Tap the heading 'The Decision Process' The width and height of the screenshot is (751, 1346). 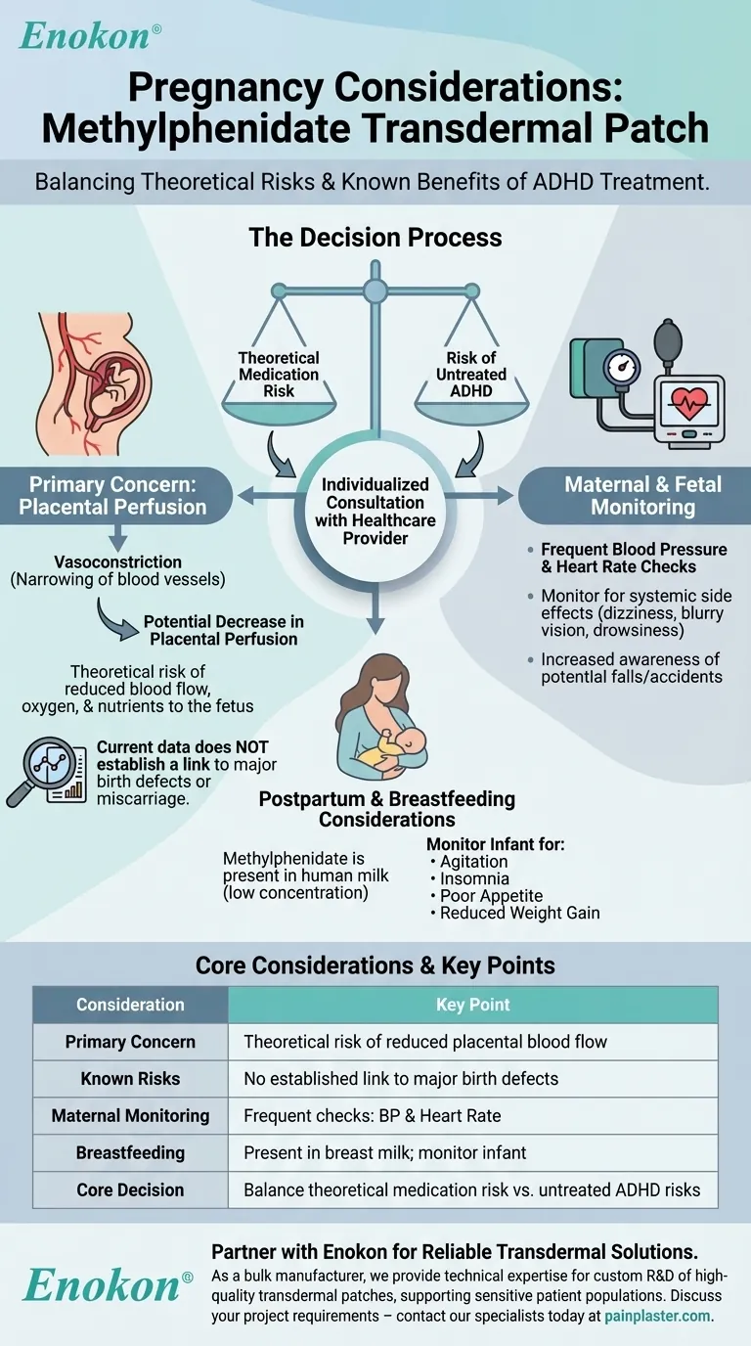click(375, 237)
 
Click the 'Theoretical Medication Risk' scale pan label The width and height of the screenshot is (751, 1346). click(279, 374)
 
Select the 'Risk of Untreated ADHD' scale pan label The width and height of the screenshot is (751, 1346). click(476, 374)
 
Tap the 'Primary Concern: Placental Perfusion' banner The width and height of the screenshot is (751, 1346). click(117, 495)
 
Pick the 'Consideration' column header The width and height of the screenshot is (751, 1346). click(130, 1005)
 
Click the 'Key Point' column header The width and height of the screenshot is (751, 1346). click(472, 1005)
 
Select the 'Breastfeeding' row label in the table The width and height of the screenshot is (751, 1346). click(130, 1152)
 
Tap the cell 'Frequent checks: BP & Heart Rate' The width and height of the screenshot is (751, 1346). click(372, 1115)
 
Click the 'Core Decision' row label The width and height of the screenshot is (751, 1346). click(130, 1189)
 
